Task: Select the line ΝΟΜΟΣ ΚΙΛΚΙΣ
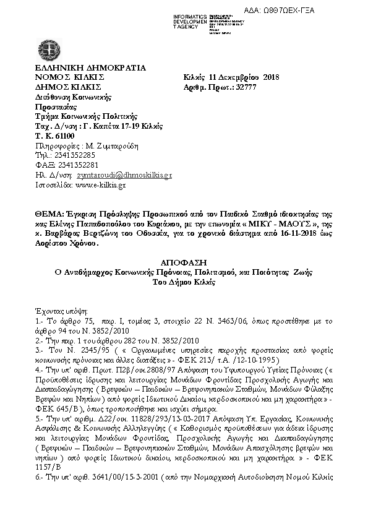click(70, 78)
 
